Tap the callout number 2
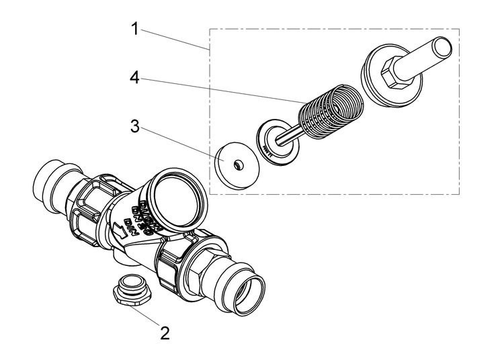pyautogui.click(x=163, y=332)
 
